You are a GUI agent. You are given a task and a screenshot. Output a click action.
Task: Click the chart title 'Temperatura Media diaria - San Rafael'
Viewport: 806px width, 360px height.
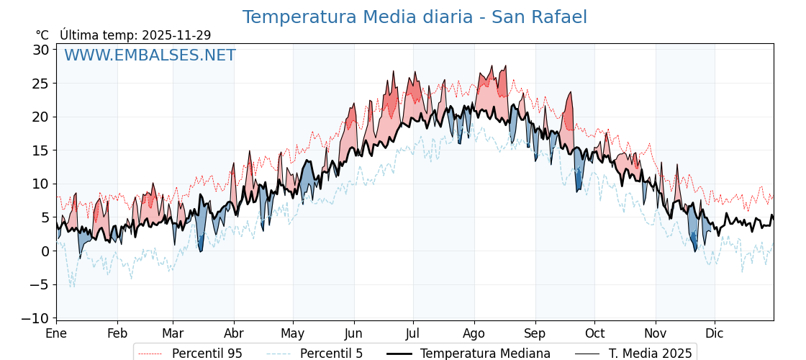415,17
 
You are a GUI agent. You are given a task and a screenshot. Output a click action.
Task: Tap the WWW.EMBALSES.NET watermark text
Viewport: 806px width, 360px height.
150,55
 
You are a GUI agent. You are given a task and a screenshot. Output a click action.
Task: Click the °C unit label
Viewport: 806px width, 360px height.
42,35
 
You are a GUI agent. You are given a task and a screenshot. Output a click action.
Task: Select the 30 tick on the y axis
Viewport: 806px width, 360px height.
40,50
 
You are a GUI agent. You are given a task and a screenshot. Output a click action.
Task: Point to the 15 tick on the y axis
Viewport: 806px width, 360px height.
40,150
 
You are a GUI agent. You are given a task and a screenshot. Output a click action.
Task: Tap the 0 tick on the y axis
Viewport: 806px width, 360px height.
45,251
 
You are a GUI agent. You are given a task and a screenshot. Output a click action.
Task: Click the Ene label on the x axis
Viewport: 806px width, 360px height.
56,333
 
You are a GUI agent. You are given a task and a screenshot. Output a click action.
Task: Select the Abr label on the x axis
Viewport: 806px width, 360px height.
234,333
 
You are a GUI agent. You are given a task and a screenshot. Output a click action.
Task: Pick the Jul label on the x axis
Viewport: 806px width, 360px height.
413,333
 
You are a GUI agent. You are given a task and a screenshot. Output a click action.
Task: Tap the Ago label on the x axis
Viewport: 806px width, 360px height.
474,333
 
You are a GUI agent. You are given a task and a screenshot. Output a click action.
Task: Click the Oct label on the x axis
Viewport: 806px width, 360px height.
594,333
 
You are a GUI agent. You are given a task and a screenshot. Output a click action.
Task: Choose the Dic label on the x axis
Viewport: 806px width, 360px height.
715,333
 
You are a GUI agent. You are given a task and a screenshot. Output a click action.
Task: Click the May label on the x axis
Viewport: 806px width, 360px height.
293,333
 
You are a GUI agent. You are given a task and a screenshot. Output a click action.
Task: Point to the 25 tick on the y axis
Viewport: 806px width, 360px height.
40,84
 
